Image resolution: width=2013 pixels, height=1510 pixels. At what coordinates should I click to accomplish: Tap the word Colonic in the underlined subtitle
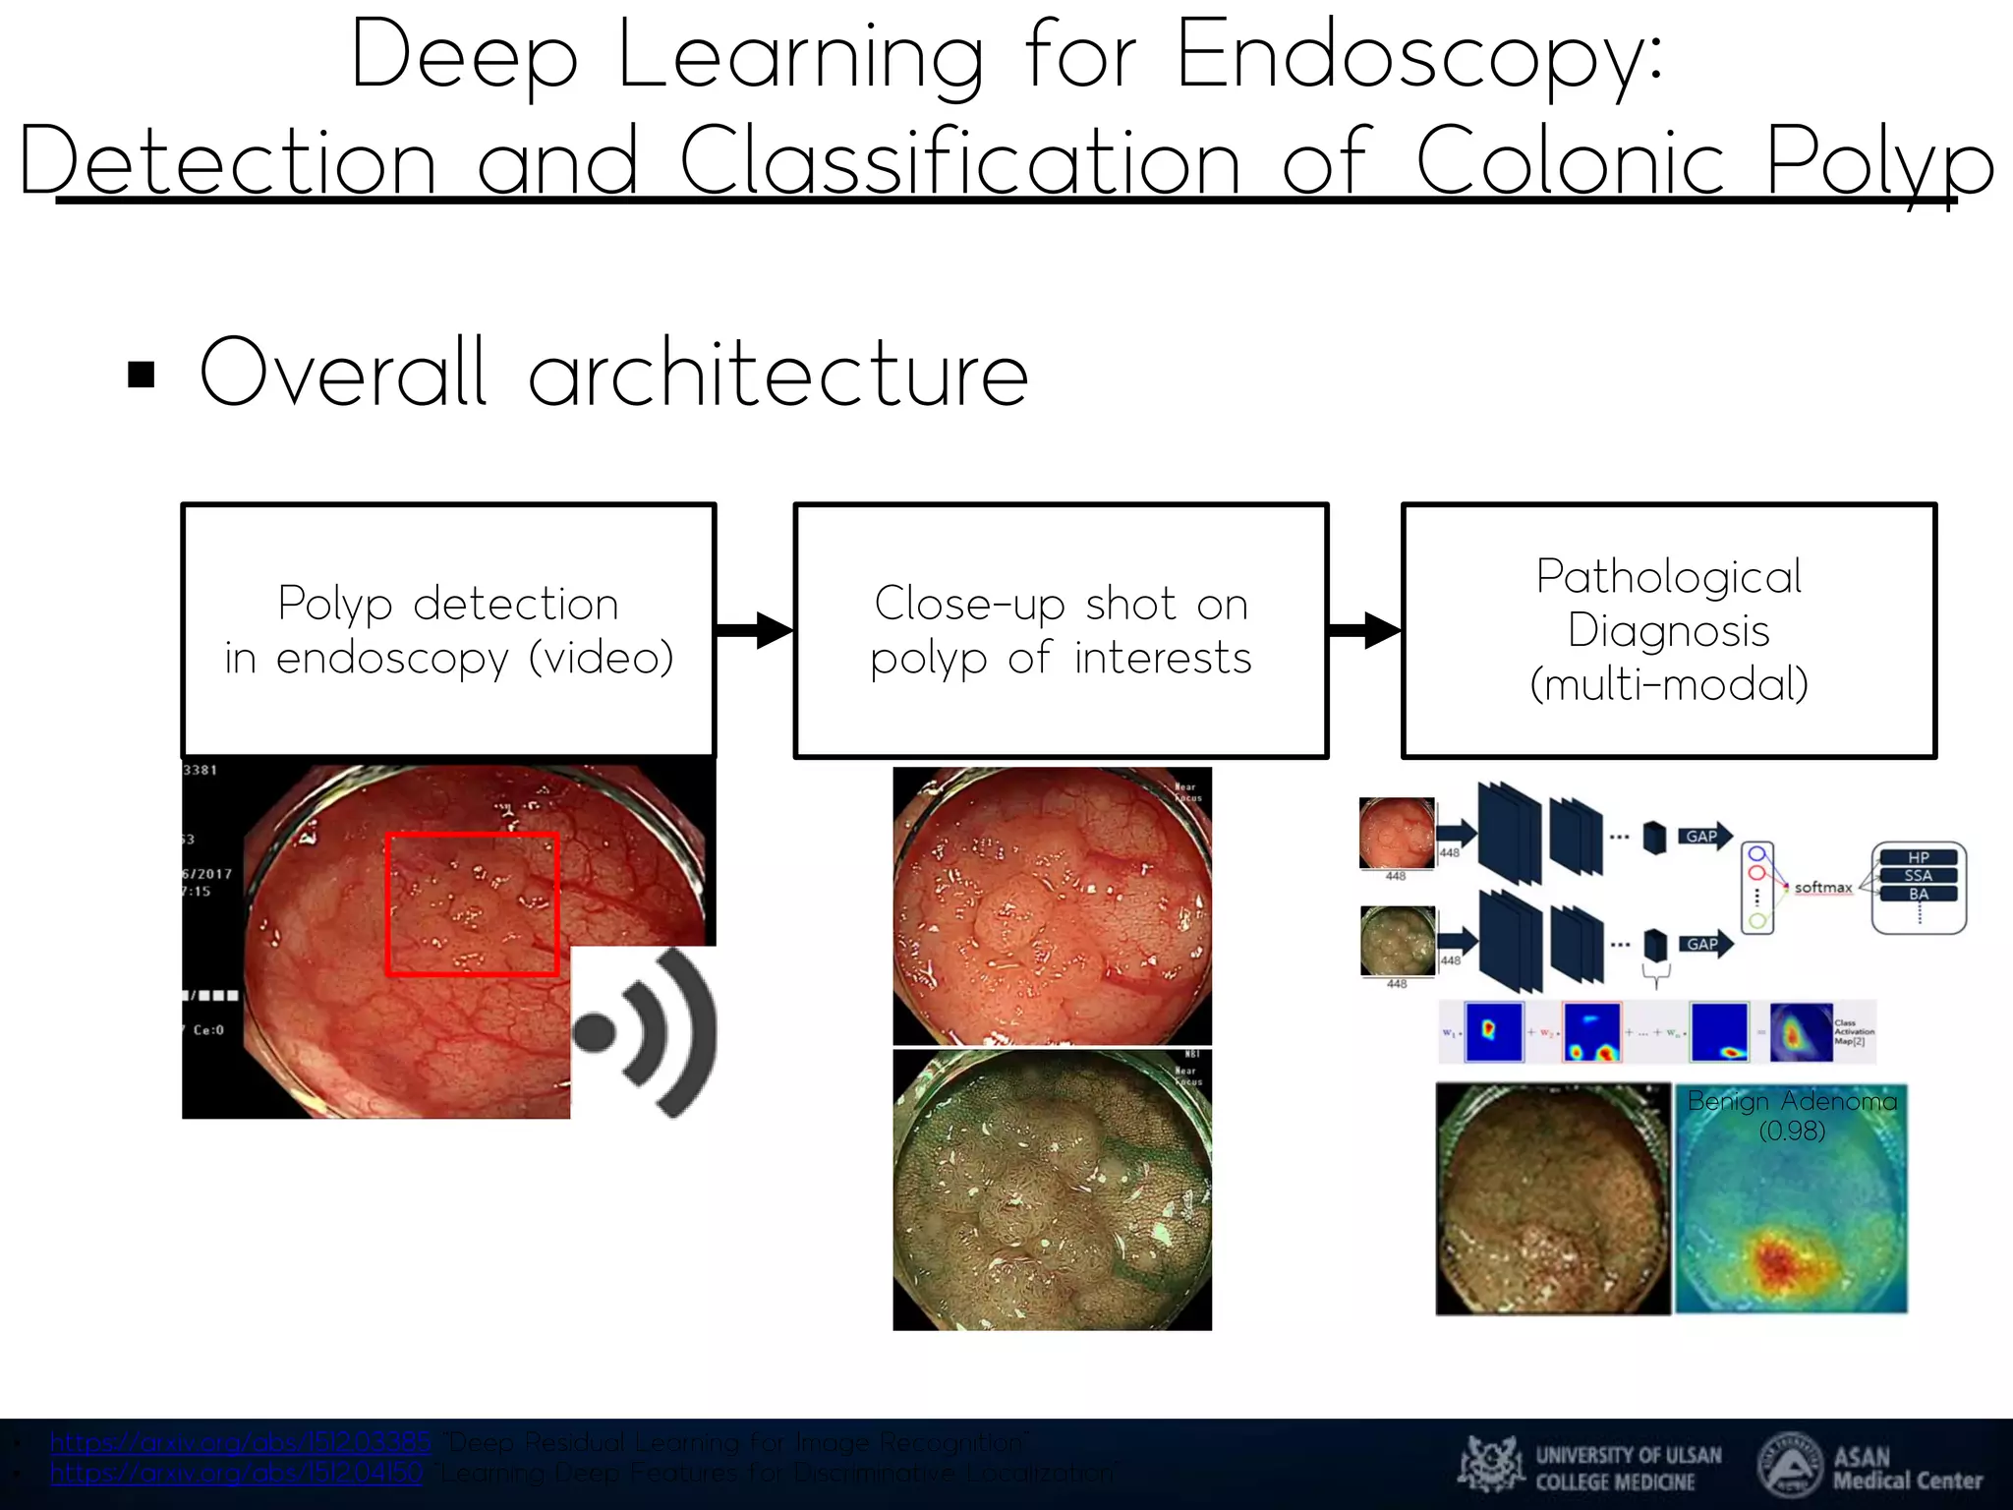coord(1570,162)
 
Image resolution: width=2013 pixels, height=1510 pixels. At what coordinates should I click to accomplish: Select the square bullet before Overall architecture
coord(142,375)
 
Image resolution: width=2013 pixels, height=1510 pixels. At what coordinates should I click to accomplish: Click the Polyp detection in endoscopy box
coord(448,630)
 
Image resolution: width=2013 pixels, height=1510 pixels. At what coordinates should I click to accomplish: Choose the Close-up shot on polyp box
coord(1061,630)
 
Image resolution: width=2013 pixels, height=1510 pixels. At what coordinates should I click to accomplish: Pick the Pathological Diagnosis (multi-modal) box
coord(1668,630)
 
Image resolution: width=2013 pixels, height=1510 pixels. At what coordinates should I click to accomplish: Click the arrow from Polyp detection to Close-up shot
coord(754,630)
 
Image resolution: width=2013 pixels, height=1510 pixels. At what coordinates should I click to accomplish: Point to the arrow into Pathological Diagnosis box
coord(1364,630)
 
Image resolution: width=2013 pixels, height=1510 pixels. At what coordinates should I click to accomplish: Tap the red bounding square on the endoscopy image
coord(472,904)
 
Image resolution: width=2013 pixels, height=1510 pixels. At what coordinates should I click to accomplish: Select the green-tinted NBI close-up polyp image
coord(1052,1191)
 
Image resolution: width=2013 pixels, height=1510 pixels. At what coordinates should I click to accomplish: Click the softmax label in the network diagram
coord(1822,887)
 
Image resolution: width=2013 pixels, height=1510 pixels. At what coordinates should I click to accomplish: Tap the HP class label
coord(1918,857)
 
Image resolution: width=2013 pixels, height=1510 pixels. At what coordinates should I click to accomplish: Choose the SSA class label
coord(1918,875)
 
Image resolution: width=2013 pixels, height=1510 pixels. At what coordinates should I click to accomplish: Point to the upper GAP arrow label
coord(1702,837)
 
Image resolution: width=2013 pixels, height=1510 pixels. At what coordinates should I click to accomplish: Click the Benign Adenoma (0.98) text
coord(1791,1115)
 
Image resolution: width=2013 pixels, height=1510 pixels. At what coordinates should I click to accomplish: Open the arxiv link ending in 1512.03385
coord(241,1442)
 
